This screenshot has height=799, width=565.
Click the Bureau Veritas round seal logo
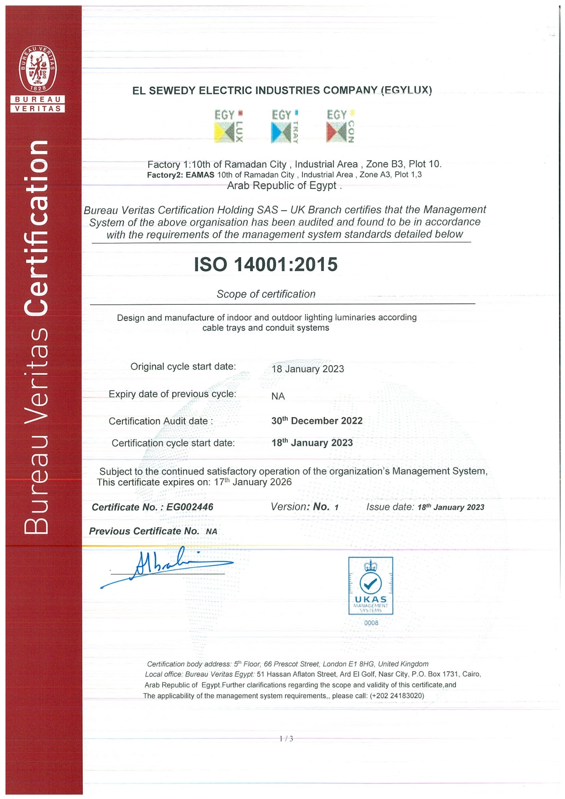38,69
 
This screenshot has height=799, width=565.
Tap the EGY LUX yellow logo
229,126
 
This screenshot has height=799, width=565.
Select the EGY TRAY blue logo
285,126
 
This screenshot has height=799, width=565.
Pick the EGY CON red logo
340,126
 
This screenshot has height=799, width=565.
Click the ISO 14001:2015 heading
266,264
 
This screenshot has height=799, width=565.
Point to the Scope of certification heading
266,294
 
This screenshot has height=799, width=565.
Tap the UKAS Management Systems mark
370,586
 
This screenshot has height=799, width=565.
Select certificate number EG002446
189,507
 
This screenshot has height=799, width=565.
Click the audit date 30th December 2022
317,421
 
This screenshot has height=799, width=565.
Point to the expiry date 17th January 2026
253,482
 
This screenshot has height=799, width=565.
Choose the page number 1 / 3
286,739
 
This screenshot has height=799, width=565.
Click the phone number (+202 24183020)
397,696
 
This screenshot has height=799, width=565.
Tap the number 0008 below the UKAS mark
371,623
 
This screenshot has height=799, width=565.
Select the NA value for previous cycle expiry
278,396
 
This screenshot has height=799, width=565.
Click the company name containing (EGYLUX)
282,91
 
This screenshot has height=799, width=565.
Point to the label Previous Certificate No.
144,531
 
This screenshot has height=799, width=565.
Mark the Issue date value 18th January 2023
451,507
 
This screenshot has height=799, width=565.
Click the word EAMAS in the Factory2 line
200,175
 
